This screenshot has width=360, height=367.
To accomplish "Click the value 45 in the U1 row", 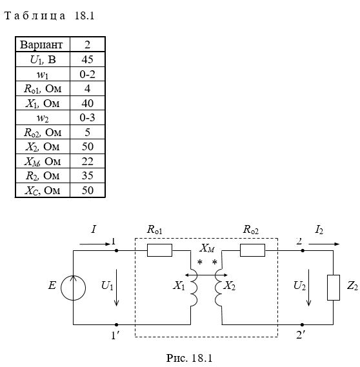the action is (87, 59).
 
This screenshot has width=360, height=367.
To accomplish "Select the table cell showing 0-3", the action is (87, 117).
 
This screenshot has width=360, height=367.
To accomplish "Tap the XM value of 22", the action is (87, 161).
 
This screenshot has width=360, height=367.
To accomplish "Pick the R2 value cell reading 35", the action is (87, 175).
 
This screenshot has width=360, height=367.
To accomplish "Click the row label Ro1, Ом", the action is (43, 89).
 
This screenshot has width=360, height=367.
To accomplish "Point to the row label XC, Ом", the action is (43, 190).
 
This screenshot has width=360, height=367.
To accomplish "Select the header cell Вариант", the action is (41, 45).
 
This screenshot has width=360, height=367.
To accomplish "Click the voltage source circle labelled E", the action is (74, 288).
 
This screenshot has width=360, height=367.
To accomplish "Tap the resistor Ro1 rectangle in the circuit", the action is (159, 250).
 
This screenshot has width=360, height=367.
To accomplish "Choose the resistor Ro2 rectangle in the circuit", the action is (252, 250).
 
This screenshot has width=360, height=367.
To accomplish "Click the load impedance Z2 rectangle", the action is (334, 288).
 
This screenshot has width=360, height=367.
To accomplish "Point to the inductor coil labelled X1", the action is (194, 288).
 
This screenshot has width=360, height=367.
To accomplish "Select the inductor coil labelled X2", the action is (219, 288).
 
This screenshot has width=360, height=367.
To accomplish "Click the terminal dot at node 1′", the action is (117, 324).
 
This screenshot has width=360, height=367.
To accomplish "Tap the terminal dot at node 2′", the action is (302, 324).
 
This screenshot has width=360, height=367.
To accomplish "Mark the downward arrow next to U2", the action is (309, 288).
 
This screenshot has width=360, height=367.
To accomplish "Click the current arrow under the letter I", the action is (95, 244).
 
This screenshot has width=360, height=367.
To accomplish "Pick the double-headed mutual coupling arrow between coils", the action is (206, 275).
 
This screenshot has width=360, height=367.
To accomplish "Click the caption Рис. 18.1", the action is (189, 358).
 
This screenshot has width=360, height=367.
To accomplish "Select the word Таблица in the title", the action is (35, 16).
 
